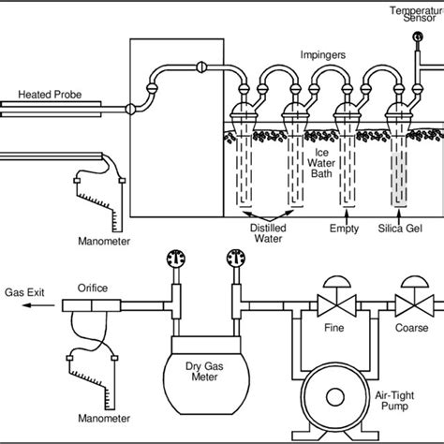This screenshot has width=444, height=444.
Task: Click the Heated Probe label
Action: pyautogui.click(x=50, y=95)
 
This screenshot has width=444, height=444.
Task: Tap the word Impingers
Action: pyautogui.click(x=323, y=55)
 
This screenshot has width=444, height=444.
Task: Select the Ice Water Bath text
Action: pyautogui.click(x=321, y=163)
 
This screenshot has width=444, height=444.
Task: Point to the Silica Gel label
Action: pyautogui.click(x=400, y=229)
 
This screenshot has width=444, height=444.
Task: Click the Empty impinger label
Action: pyautogui.click(x=344, y=229)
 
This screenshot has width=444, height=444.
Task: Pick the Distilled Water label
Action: pyautogui.click(x=268, y=233)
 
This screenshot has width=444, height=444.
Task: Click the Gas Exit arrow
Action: pyautogui.click(x=38, y=305)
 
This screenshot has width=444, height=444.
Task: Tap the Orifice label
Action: pyautogui.click(x=93, y=288)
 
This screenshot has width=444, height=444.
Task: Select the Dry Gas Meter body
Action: pyautogui.click(x=206, y=376)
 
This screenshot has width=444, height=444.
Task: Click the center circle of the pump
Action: pyautogui.click(x=335, y=397)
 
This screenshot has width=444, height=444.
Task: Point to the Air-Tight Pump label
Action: pyautogui.click(x=394, y=401)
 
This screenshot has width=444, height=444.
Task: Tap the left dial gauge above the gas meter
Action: pyautogui.click(x=176, y=259)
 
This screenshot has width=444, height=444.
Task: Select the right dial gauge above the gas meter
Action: pyautogui.click(x=236, y=259)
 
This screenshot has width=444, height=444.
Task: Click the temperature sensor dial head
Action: pyautogui.click(x=418, y=37)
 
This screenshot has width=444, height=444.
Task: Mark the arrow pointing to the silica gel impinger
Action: pyautogui.click(x=398, y=215)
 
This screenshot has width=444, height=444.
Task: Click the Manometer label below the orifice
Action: pyautogui.click(x=104, y=419)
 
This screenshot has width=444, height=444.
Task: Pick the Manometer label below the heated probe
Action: pyautogui.click(x=104, y=242)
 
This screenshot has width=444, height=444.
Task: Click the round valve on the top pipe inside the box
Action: pyautogui.click(x=201, y=67)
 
